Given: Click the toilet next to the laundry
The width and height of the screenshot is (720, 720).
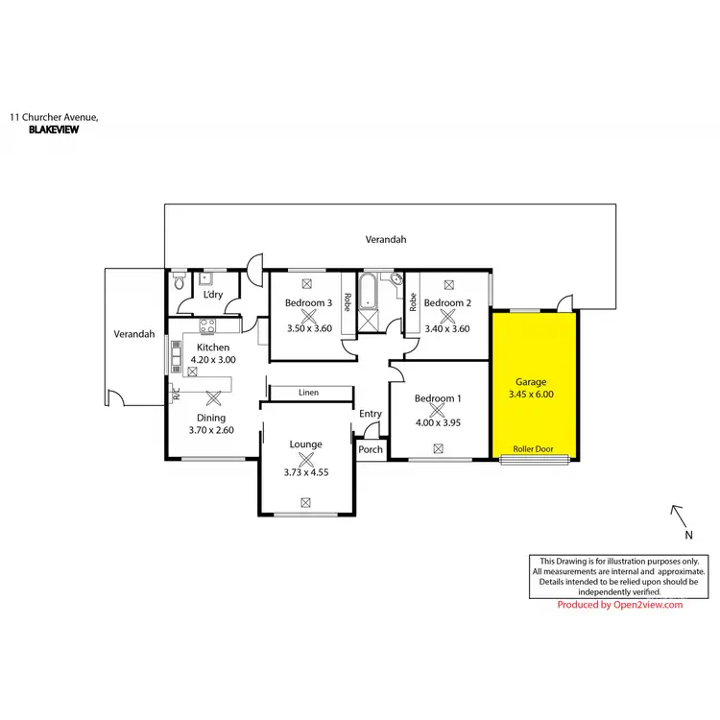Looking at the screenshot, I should point(179,284).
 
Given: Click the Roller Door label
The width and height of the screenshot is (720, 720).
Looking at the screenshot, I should point(534,449).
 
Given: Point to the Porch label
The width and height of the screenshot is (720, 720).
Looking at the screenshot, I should point(370,449).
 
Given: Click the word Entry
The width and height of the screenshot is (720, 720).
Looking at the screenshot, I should point(371,414).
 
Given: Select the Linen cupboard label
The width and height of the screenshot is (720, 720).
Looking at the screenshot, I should point(308,393).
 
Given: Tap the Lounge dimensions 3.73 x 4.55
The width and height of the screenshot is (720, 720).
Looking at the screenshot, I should point(306,471).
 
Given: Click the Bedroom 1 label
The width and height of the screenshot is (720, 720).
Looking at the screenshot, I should point(438,398).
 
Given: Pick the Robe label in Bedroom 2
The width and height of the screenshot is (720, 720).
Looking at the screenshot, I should point(413,302).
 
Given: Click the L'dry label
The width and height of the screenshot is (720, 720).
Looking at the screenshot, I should point(213,295).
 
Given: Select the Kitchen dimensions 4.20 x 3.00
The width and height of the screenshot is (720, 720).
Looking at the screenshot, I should point(213,359).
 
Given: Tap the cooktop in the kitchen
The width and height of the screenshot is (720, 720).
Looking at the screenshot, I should point(207,326).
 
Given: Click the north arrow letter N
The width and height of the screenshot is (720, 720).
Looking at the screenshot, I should point(688,535).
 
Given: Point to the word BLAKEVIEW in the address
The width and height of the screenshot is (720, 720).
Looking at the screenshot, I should point(54,129).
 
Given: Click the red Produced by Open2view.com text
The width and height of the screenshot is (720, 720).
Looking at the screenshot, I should point(619,605).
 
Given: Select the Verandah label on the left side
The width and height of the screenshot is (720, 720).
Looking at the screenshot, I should point(134,334).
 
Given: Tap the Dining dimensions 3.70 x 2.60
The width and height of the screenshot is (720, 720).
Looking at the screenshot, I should point(211,430).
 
